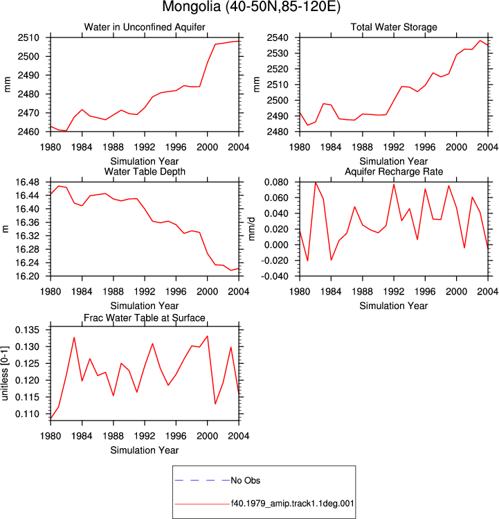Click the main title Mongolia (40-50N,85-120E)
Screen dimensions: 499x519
click(251, 7)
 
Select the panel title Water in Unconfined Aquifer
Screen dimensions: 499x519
click(145, 27)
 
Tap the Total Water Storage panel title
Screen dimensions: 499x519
click(394, 27)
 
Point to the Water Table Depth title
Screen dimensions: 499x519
click(145, 171)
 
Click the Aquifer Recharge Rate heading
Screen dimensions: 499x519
click(394, 171)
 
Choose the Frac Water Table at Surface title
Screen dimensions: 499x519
click(145, 318)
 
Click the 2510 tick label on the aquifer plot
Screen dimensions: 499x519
click(28, 37)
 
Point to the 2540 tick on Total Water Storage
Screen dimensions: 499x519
click(278, 37)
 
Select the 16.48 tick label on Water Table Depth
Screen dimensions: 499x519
click(27, 182)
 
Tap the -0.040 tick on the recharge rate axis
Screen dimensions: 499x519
click(275, 276)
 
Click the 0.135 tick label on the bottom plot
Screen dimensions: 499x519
click(27, 330)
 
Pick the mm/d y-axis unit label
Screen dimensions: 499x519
click(252, 229)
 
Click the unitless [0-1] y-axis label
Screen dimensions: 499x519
click(5, 373)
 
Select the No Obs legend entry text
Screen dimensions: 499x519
click(246, 480)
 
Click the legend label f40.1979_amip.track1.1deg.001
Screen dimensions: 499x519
click(292, 504)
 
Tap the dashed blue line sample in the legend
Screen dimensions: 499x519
click(202, 480)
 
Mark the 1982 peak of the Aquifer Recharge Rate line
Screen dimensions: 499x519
click(316, 182)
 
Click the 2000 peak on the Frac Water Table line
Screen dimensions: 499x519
click(208, 336)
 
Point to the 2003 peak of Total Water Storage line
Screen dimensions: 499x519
click(480, 41)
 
